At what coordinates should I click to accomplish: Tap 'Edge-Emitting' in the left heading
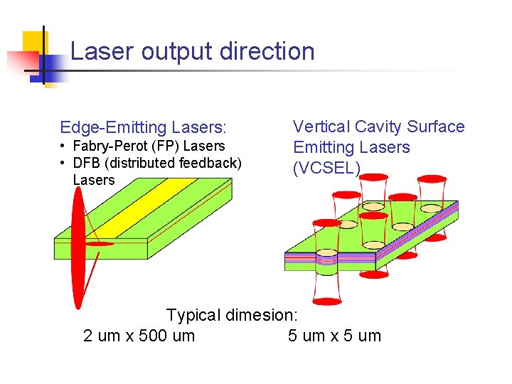[x=112, y=128]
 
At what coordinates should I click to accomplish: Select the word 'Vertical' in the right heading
[x=321, y=127]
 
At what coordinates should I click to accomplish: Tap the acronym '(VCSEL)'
[x=327, y=168]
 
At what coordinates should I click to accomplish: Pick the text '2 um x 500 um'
[x=139, y=336]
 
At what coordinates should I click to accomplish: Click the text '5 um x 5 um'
[x=334, y=336]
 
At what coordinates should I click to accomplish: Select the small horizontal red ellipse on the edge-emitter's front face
[x=99, y=244]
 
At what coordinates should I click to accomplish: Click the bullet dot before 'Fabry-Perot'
[x=63, y=146]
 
